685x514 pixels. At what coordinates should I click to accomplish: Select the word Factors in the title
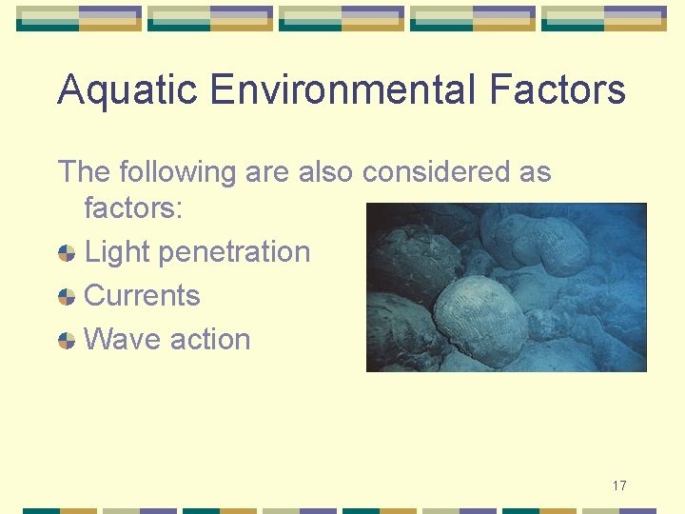558,90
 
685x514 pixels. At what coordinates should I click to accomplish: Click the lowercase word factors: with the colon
133,208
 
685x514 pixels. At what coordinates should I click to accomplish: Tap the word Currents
142,296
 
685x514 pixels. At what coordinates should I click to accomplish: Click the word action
209,339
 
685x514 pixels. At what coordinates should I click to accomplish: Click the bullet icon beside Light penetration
67,253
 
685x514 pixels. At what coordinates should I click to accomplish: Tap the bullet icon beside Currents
67,297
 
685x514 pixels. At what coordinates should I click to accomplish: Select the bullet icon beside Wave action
67,340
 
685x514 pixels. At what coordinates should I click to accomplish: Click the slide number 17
619,486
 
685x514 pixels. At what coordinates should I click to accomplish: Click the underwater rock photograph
506,287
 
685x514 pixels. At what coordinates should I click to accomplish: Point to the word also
324,172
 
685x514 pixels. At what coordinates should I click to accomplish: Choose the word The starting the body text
84,172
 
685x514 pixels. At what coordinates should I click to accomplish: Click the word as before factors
534,172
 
